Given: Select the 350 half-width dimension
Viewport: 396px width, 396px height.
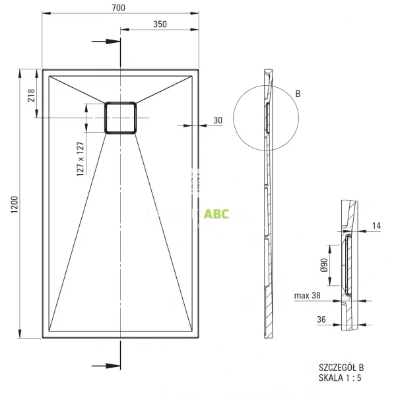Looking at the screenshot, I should [x=159, y=24].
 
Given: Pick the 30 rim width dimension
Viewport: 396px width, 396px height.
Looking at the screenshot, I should [x=218, y=120].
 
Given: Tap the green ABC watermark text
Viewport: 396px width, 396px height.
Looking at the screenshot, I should [x=216, y=214].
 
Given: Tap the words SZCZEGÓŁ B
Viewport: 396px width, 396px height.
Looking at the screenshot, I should [x=341, y=367].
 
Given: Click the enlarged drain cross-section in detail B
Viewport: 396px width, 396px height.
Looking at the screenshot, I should [x=348, y=267].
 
